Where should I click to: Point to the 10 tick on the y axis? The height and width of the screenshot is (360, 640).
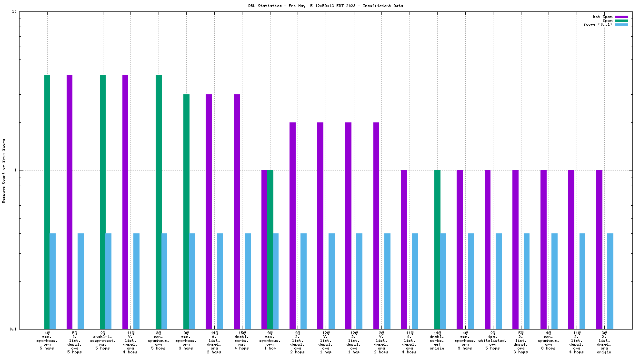[14, 12]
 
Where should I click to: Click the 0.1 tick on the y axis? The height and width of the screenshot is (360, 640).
[13, 329]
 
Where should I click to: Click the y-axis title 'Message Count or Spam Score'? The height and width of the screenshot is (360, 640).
[4, 170]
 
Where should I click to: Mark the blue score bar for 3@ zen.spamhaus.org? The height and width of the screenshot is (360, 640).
[164, 281]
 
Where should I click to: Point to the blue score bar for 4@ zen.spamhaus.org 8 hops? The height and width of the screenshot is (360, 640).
[554, 281]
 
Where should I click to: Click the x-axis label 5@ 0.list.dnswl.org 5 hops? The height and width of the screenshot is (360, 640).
[75, 342]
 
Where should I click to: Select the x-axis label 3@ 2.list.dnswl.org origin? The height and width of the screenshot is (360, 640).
[604, 342]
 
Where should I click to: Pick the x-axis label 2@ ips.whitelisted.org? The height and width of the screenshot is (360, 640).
[493, 340]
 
